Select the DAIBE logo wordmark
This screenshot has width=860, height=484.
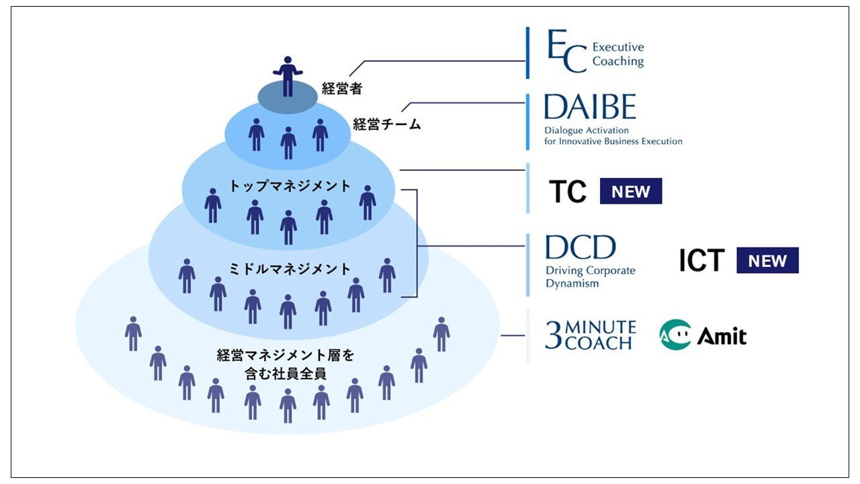[589, 107]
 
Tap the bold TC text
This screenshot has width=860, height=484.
[568, 192]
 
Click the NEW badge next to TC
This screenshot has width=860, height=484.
[630, 192]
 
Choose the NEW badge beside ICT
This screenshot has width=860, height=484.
[767, 261]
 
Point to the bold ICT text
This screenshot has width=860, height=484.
[701, 261]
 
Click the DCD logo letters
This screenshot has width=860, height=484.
[580, 247]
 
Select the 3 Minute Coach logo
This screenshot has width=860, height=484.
[590, 334]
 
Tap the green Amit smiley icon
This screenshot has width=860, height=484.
[675, 335]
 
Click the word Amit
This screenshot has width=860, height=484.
[722, 335]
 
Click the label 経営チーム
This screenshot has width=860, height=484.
[386, 124]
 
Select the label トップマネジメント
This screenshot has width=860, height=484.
[290, 186]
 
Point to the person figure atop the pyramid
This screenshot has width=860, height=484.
[288, 75]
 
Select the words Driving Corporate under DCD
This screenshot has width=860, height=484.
[590, 272]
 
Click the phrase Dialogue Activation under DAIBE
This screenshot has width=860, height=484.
[587, 130]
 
